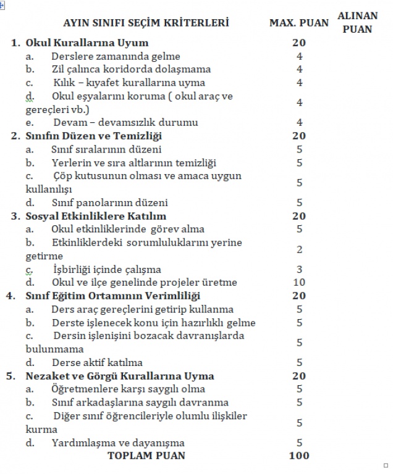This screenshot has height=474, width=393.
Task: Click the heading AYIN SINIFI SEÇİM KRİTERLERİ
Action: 146,23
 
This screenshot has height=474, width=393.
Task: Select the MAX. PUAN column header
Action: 299,23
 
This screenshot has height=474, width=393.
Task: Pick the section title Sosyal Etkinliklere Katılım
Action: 96,216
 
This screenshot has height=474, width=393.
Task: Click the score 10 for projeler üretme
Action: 299,283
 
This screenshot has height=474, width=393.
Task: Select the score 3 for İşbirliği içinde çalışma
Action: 299,269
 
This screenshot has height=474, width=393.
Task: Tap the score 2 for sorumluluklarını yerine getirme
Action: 299,249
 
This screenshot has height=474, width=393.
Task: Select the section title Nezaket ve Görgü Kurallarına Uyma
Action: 120,376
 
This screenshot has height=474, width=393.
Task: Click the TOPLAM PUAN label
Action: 146,455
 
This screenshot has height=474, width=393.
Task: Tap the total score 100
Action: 299,455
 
